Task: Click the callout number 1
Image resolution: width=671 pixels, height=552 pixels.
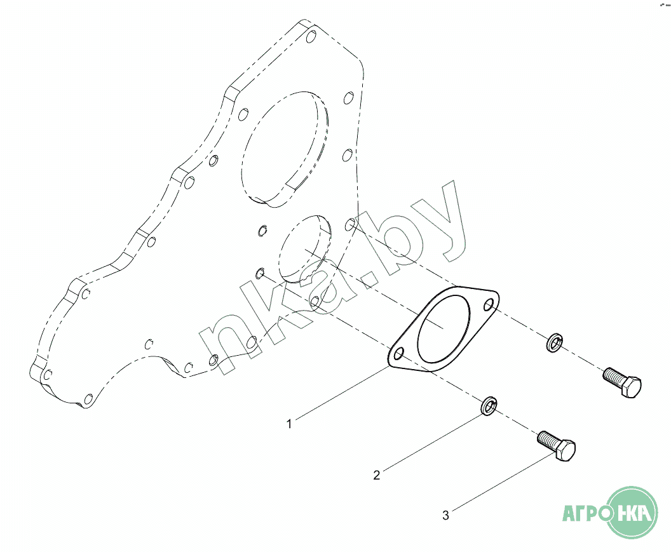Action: click(x=289, y=423)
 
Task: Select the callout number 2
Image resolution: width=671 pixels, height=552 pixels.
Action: click(x=376, y=475)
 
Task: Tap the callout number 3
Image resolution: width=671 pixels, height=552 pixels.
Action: click(x=445, y=515)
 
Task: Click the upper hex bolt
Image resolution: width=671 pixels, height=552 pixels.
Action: click(x=622, y=383)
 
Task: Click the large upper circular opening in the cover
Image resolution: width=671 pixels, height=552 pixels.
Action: click(x=285, y=149)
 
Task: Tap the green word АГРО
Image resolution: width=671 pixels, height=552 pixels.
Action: click(x=583, y=513)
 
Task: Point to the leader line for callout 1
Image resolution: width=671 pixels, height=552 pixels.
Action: click(x=340, y=395)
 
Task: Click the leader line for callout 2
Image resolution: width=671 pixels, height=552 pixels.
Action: click(x=429, y=442)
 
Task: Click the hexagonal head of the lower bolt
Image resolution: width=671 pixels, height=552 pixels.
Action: click(x=567, y=452)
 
